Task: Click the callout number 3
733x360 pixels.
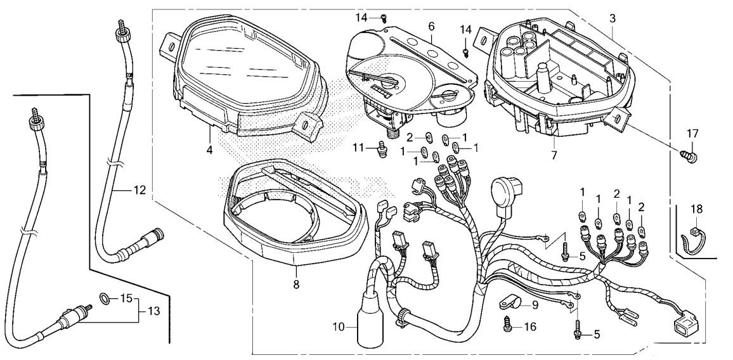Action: point(613,19)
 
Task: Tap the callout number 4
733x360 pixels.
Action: point(209,151)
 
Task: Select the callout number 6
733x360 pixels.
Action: point(431,27)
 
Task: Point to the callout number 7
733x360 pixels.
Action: point(554,155)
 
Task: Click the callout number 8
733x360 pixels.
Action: point(296,284)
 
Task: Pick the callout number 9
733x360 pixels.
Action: point(535,305)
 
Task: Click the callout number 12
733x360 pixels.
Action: point(139,190)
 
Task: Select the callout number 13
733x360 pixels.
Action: point(153,311)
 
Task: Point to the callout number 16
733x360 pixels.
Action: point(530,326)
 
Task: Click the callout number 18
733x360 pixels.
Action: point(696,209)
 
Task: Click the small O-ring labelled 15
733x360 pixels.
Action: point(106,298)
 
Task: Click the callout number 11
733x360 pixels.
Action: point(358,148)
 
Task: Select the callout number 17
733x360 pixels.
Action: point(692,133)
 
